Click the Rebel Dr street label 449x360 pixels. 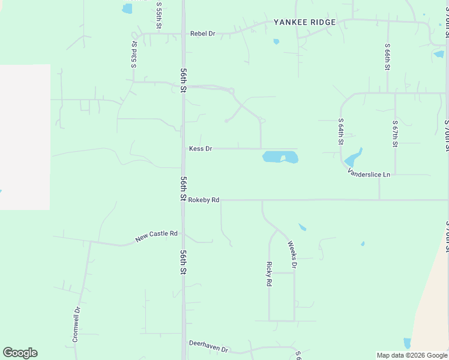[202, 34]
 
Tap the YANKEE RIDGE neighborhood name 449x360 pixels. [304, 22]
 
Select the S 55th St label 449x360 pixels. [159, 13]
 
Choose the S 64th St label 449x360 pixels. [340, 131]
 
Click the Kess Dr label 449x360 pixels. [200, 148]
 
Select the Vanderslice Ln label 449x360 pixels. [369, 173]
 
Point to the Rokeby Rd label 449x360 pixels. [203, 200]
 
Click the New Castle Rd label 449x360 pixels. [157, 236]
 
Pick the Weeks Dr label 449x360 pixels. [292, 254]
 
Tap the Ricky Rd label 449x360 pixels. [270, 274]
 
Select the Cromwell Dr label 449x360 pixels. [76, 325]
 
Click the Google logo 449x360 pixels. [20, 353]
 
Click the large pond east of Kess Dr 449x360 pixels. [280, 157]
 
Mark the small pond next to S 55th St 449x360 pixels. [127, 8]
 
